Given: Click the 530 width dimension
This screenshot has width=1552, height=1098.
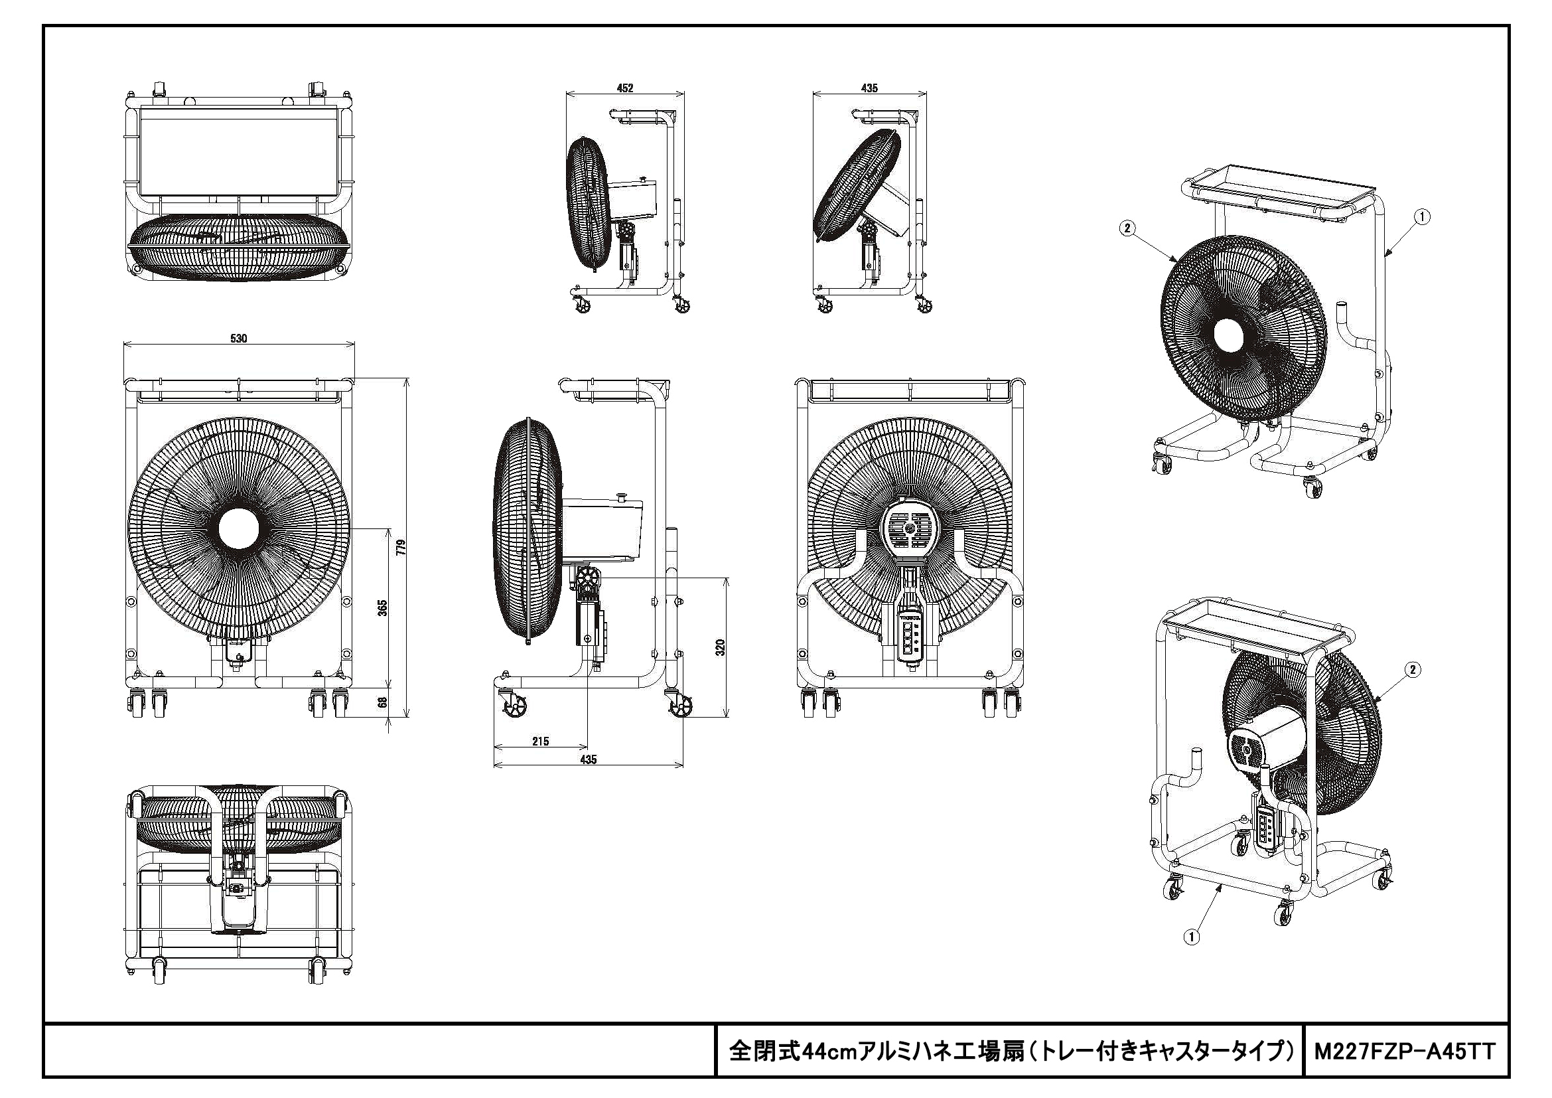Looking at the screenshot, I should pos(239,339).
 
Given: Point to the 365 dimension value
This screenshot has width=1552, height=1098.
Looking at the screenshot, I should pos(382,607).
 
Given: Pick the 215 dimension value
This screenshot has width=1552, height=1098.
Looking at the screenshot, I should pos(540,741).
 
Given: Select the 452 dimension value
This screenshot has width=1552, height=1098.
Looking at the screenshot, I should pos(625,88).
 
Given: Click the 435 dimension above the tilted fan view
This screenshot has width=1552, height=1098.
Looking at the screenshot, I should pos(869,88).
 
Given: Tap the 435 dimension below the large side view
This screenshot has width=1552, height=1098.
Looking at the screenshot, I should pos(588,759).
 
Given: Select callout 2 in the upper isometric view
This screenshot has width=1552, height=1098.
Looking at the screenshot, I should pos(1127,228).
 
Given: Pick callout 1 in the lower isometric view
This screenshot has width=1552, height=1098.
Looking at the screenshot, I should pos(1191,937).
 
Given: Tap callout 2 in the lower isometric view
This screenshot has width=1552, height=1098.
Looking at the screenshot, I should pos(1411,669).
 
